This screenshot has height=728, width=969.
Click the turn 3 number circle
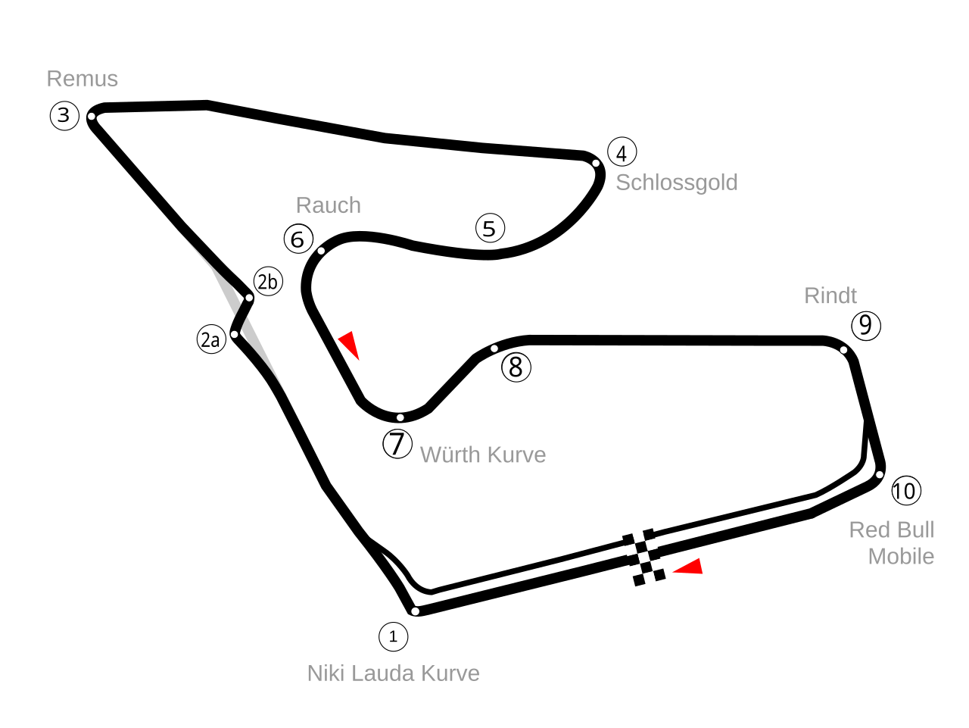coord(64,116)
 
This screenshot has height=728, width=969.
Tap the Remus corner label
coord(83,79)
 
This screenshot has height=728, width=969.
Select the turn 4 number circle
coord(622,152)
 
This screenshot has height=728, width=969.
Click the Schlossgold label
coord(676,183)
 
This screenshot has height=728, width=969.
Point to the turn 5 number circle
coord(490,228)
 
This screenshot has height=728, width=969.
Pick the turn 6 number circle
coord(298,239)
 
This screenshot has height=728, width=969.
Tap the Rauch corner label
coord(328,205)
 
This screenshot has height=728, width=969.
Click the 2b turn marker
coord(268,282)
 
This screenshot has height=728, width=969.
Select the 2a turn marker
coord(211,339)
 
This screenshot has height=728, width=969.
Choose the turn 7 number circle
coord(397,443)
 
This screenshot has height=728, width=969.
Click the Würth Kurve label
coord(482,455)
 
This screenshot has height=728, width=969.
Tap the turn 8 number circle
coord(516,367)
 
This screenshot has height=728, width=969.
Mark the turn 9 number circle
coord(866,326)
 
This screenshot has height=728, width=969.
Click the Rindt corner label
coord(830,295)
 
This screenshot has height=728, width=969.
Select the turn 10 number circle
coord(905,491)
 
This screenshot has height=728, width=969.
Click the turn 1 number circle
coord(393,636)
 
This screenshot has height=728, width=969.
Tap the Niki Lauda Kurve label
coord(393,673)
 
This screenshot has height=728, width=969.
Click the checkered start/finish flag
coord(643,557)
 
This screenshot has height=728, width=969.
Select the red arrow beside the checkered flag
coord(690,567)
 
